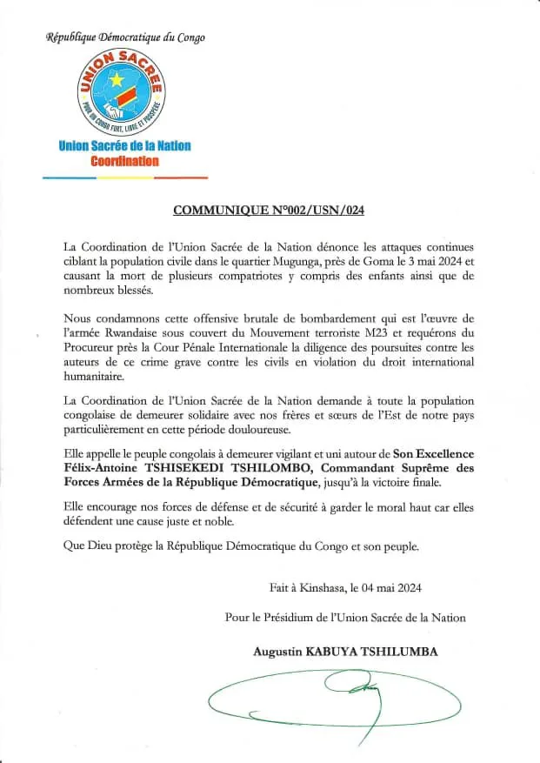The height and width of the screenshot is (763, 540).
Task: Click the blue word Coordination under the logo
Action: (x=124, y=161)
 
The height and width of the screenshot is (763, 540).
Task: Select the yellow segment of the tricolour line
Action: (x=124, y=177)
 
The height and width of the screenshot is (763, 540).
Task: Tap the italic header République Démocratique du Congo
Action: (x=125, y=37)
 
